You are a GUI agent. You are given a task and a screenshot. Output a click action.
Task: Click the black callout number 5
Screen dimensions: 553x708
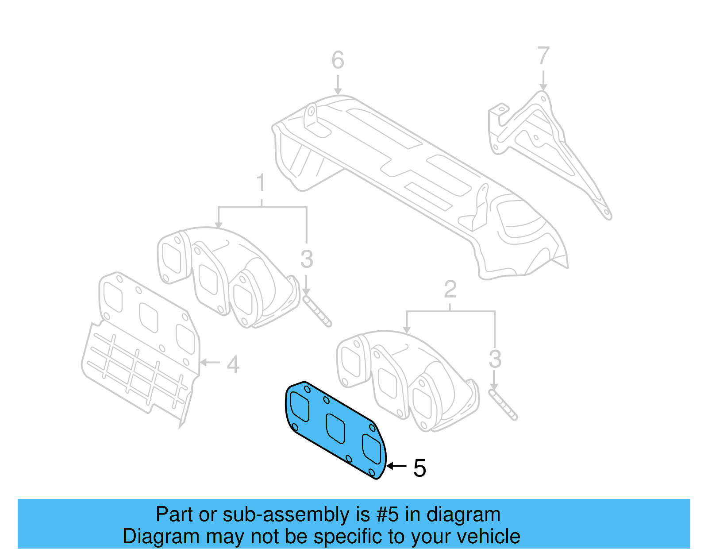pos(419,468)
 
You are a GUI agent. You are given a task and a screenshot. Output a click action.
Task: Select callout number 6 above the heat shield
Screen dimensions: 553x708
pos(338,60)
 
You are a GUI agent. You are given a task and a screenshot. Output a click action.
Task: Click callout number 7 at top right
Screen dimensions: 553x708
pos(543,56)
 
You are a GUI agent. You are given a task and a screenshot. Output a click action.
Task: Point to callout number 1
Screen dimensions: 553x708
pos(261,182)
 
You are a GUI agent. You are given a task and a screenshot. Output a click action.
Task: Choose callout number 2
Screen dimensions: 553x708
pos(450,290)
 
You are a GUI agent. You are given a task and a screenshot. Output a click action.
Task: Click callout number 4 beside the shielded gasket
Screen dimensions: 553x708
pos(233,364)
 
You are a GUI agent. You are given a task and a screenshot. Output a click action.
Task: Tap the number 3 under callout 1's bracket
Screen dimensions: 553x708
pos(306,259)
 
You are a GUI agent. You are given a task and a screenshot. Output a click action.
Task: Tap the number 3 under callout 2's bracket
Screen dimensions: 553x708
pos(495,359)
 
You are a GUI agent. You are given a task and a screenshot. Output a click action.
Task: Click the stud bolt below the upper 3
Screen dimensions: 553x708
pos(317,312)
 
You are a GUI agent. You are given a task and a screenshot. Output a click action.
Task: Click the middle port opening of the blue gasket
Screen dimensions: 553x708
pos(335,428)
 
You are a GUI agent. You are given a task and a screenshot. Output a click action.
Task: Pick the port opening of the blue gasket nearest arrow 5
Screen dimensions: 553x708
pos(372,449)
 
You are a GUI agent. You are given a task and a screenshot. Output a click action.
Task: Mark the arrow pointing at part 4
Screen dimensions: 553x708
pos(209,362)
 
